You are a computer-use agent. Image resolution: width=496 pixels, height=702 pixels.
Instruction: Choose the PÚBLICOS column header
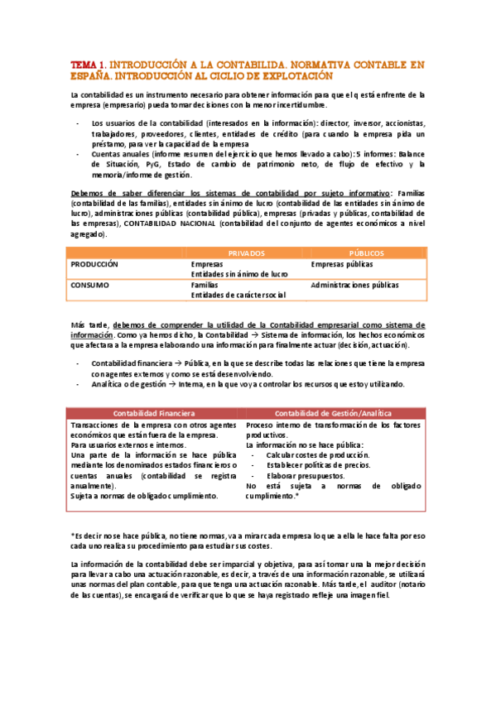(x=365, y=252)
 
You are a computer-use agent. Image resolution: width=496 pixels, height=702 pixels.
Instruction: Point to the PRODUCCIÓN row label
(x=94, y=264)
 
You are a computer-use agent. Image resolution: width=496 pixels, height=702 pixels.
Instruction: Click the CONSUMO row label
(x=89, y=284)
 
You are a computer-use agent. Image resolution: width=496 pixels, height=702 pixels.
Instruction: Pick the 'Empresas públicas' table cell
(x=341, y=264)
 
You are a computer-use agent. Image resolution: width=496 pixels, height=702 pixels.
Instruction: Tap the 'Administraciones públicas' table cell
(x=354, y=284)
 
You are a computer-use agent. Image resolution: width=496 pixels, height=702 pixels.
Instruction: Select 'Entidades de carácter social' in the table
(x=238, y=294)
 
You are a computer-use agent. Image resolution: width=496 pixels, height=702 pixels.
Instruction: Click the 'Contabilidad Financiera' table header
(x=154, y=412)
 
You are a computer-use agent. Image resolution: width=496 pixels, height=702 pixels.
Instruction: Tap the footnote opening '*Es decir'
(x=88, y=536)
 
